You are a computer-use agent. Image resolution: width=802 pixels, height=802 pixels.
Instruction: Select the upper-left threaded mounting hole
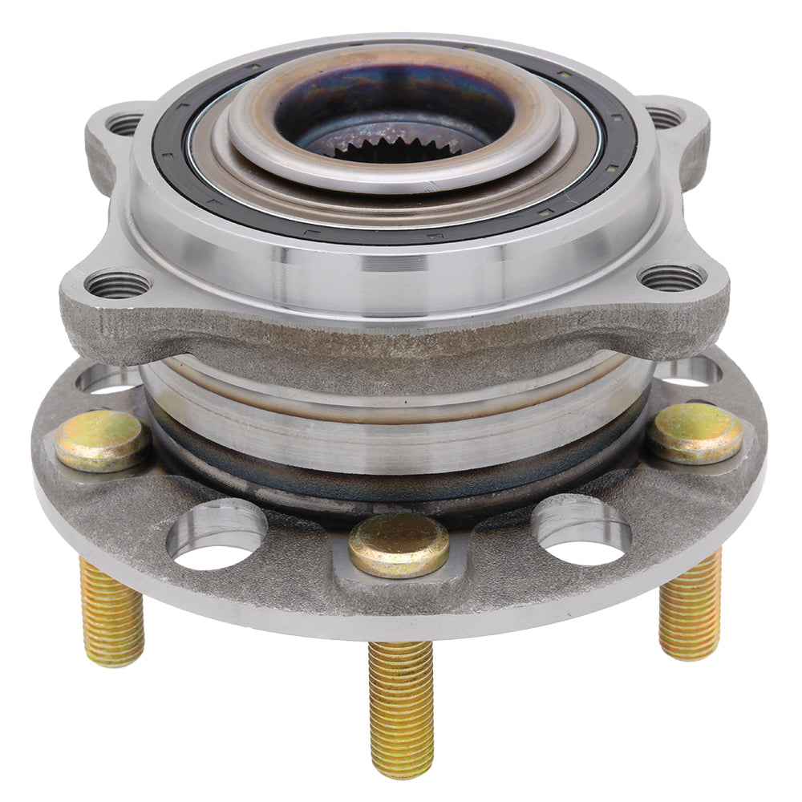pos(124,124)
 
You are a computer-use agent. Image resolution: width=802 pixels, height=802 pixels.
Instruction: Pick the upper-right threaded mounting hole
pos(664,119)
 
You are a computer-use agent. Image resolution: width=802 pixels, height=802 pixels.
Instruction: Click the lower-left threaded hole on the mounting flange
pos(117,283)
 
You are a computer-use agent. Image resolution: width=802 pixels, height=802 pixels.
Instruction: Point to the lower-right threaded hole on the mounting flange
pos(672,277)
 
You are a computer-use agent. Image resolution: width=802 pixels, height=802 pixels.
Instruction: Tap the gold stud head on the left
pos(101,439)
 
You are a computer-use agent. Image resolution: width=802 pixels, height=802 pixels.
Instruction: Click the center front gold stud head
pos(399,545)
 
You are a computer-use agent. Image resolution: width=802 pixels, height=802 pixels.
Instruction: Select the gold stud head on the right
pos(695,433)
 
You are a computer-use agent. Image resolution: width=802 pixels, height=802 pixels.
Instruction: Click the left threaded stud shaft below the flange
pos(111,614)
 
